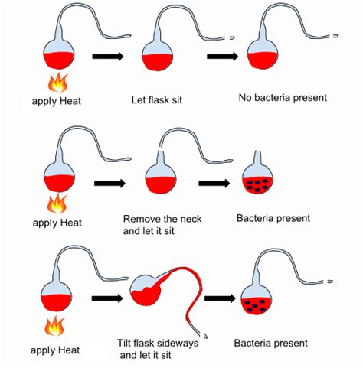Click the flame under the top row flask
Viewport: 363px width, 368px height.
click(x=58, y=82)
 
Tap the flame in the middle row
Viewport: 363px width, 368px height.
click(x=57, y=204)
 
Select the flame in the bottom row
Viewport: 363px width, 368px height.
click(x=54, y=326)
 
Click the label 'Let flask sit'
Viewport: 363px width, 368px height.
click(x=157, y=99)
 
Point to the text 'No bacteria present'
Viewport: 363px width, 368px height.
click(x=283, y=98)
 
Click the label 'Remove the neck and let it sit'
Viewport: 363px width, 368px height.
click(x=162, y=225)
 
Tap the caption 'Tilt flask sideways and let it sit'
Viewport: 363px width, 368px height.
click(x=158, y=349)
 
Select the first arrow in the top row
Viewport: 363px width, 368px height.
click(x=108, y=56)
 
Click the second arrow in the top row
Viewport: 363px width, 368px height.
click(x=222, y=56)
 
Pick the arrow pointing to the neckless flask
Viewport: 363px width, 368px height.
click(x=214, y=183)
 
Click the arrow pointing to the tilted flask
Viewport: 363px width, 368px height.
click(x=107, y=298)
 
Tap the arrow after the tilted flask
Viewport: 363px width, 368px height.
click(x=220, y=298)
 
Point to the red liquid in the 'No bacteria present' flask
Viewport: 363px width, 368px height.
click(x=263, y=60)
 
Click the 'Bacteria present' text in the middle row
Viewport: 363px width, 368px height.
click(x=273, y=218)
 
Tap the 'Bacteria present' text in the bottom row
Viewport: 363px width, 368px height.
click(x=270, y=343)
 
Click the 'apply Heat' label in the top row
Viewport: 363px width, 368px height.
click(x=57, y=101)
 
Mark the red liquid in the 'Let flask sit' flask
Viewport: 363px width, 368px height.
click(x=158, y=62)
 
